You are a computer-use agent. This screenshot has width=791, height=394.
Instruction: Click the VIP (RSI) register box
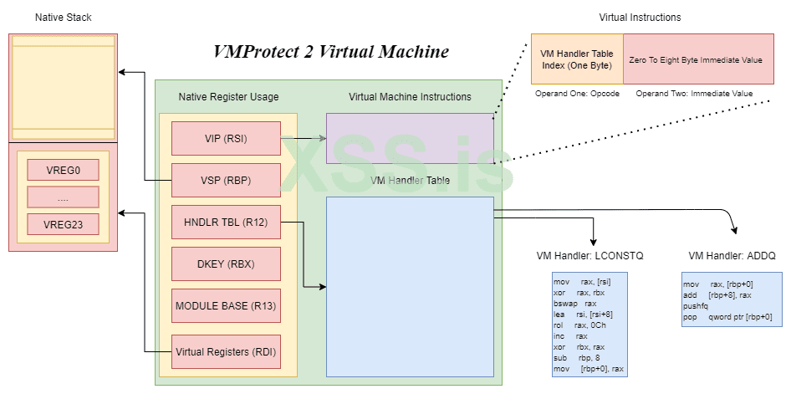pyautogui.click(x=225, y=138)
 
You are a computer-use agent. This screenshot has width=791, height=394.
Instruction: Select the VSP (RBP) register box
pyautogui.click(x=225, y=180)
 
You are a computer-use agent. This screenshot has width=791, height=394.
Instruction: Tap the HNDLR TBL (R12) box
pyautogui.click(x=225, y=222)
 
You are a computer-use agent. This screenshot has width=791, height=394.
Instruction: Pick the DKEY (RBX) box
pyautogui.click(x=225, y=264)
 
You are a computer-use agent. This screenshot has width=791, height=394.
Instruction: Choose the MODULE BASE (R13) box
pyautogui.click(x=225, y=305)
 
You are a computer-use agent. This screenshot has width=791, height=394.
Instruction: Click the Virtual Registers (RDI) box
pyautogui.click(x=225, y=351)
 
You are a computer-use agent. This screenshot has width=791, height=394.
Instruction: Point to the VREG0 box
pyautogui.click(x=63, y=171)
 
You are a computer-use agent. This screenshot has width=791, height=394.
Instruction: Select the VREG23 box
pyautogui.click(x=63, y=224)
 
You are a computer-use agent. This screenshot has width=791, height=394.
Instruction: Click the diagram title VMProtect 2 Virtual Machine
pyautogui.click(x=331, y=52)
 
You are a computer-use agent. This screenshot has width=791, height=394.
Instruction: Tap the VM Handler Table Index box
pyautogui.click(x=577, y=59)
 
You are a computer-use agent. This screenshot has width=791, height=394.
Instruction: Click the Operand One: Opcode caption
pyautogui.click(x=577, y=94)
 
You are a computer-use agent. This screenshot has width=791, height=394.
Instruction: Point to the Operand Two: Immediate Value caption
pyautogui.click(x=694, y=94)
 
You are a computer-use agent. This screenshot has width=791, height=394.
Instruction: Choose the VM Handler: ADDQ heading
pyautogui.click(x=732, y=256)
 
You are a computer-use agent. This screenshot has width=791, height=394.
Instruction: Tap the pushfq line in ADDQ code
pyautogui.click(x=696, y=306)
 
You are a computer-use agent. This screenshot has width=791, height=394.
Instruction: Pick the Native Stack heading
pyautogui.click(x=64, y=17)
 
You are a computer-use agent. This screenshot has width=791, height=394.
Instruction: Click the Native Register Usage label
pyautogui.click(x=228, y=97)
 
